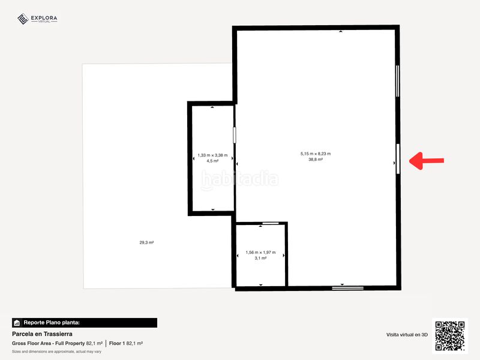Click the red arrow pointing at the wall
coord(427,161)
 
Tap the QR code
coord(449,335)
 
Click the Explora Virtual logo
coord(37,19)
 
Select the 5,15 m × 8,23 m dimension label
coord(316,154)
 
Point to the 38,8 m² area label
coord(316,160)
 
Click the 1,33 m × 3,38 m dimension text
coord(212,155)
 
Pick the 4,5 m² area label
coord(212,161)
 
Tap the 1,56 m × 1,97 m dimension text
coord(260,253)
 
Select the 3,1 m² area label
coord(260,259)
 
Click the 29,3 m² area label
coord(146,242)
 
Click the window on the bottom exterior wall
coord(348,288)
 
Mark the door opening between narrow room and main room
coord(235,135)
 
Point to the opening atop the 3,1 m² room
coord(271,223)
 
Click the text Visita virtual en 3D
coord(407,335)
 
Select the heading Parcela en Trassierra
coord(42,334)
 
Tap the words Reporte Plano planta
coord(52,323)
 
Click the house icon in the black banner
coord(17,323)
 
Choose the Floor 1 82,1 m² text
coord(126,343)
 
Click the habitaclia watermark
coord(239,179)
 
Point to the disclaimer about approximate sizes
coord(56,352)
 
